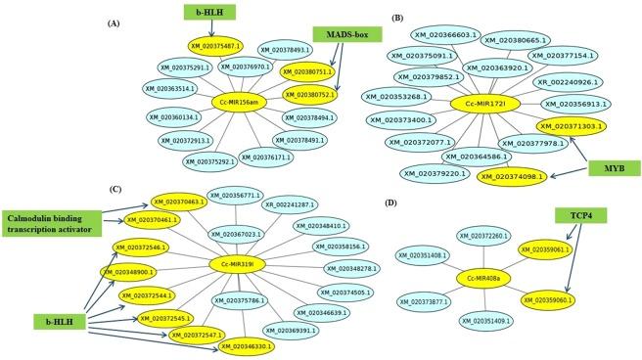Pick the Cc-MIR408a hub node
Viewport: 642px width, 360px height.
tap(485, 278)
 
